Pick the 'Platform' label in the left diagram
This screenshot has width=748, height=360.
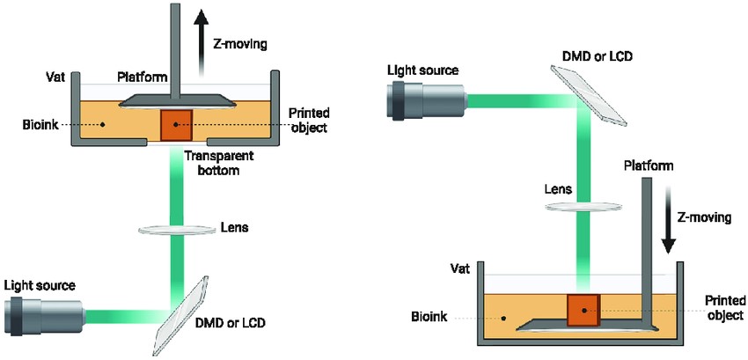[x=142, y=78]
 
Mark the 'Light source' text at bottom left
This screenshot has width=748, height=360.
[x=40, y=285]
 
